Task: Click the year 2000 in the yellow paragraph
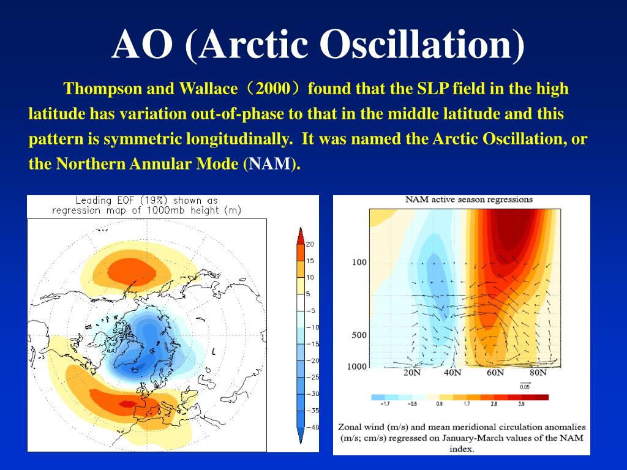(x=273, y=88)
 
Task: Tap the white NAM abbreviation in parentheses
(x=270, y=164)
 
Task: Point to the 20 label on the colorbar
(x=310, y=244)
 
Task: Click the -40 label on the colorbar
(x=312, y=427)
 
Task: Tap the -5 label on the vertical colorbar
(x=310, y=310)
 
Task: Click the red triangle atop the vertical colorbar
(x=300, y=236)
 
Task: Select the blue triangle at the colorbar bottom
(x=300, y=436)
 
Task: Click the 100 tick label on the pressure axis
(x=359, y=262)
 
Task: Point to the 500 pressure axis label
(x=359, y=335)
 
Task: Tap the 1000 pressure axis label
(x=357, y=367)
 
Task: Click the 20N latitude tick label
(x=412, y=373)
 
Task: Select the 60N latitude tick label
(x=495, y=373)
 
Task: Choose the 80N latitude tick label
(x=538, y=373)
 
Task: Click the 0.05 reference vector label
(x=525, y=387)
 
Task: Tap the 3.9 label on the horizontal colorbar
(x=522, y=404)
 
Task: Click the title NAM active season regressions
(x=469, y=200)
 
